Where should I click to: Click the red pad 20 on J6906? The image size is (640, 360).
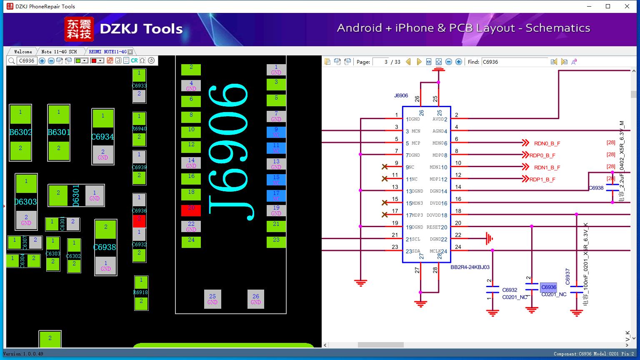coord(191,210)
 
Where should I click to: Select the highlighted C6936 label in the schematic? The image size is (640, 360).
coord(548,287)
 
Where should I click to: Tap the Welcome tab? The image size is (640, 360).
coord(23,52)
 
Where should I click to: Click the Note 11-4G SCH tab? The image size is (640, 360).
coord(59,52)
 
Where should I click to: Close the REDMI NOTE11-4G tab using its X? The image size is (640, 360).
coord(130,52)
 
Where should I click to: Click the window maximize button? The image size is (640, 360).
coord(608,6)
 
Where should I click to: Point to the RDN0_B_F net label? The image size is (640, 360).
coord(547,143)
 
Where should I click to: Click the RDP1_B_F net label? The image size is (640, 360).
coord(542,180)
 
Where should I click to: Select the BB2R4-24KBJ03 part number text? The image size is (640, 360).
coord(470,267)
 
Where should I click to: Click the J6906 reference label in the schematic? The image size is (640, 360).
coord(401,95)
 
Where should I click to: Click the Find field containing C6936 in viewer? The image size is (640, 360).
coord(515,62)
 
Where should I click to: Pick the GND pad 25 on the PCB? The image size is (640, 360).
coord(212,299)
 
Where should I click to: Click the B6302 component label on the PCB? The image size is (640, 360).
coord(20,132)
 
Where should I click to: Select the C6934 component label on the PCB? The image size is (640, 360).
coord(102,137)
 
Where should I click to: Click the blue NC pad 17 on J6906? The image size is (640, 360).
coord(276,196)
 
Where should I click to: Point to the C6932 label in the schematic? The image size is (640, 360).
coord(510,290)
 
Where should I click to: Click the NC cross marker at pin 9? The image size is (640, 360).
coord(385,167)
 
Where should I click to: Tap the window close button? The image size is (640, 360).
coord(627,6)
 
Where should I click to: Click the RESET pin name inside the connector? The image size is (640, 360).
coord(433,227)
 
